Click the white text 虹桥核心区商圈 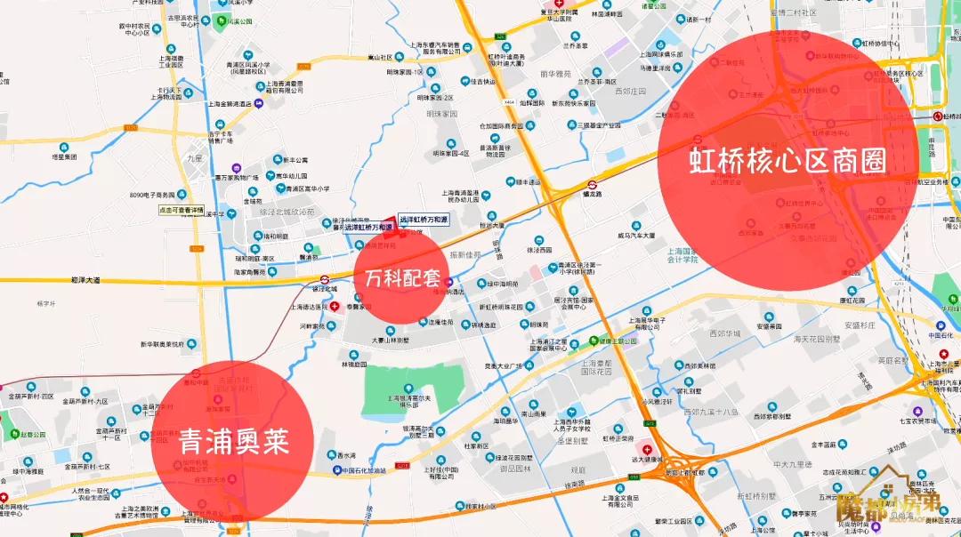[x=789, y=160]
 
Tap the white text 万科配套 [x=402, y=277]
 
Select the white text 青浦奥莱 [x=234, y=442]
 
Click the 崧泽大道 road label [x=85, y=280]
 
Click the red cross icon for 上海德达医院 [x=335, y=306]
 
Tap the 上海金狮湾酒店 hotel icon [x=258, y=104]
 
